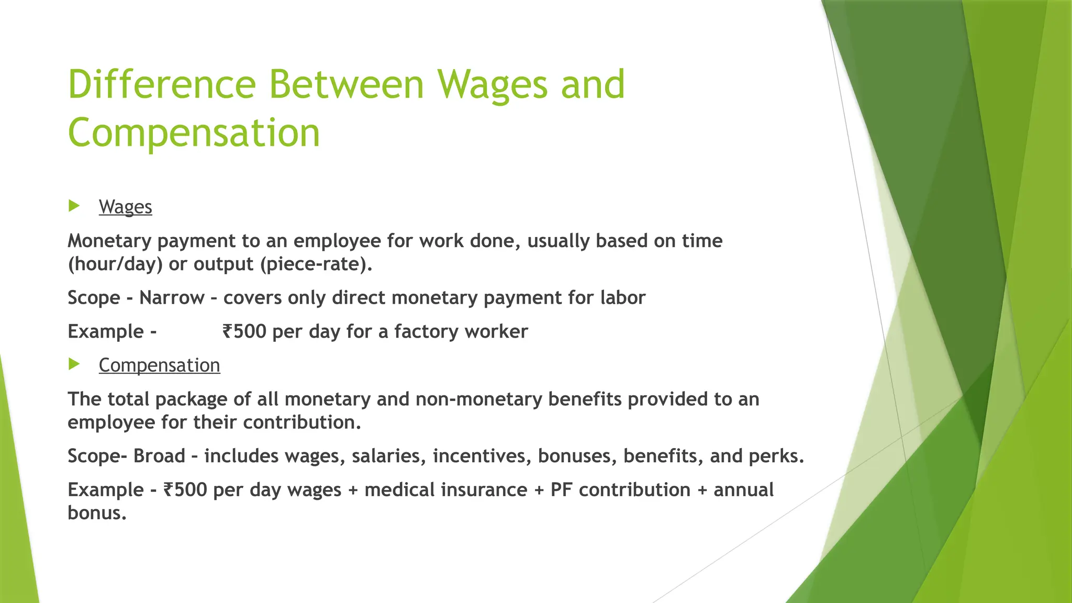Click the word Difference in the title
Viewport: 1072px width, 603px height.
(162, 85)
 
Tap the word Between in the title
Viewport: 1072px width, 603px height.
(347, 85)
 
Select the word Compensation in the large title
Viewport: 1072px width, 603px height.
(194, 133)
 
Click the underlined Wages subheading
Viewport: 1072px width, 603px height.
(125, 207)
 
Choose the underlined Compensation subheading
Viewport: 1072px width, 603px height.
(159, 365)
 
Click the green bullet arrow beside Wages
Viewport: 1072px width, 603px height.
(74, 206)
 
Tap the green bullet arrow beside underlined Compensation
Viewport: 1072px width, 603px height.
(74, 364)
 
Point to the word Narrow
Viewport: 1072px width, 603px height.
(172, 298)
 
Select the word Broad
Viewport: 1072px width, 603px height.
(159, 456)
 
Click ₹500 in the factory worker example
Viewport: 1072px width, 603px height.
(244, 331)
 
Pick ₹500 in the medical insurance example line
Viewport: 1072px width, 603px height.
(185, 490)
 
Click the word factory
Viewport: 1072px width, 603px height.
(426, 331)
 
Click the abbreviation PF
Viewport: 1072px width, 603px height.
(562, 490)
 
